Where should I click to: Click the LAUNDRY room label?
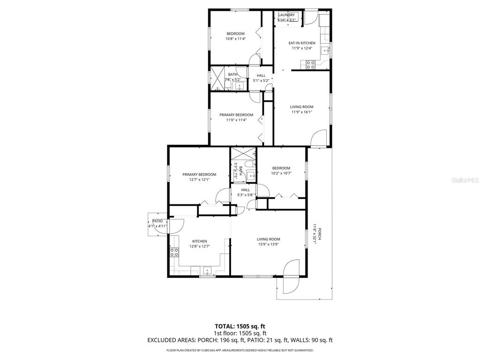[286, 15]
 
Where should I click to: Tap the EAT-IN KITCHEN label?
[301, 43]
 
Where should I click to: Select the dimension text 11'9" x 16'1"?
[301, 112]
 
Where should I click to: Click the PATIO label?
[157, 221]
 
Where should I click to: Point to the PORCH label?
[320, 233]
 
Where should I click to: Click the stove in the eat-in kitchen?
[310, 65]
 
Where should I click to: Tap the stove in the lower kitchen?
[174, 253]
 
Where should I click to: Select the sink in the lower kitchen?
[207, 270]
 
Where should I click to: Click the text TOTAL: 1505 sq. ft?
[240, 326]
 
